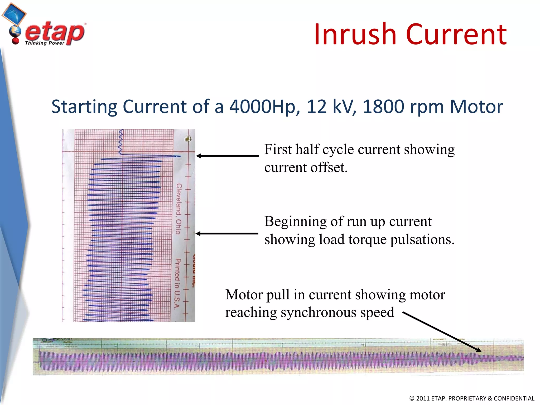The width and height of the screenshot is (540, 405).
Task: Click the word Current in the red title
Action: (x=456, y=35)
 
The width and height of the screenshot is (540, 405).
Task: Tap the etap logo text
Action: (x=55, y=32)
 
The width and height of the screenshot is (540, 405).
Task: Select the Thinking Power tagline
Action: (x=45, y=43)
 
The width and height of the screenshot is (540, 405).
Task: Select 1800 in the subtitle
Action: (x=383, y=107)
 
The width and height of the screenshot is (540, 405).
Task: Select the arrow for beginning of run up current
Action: (x=227, y=234)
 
